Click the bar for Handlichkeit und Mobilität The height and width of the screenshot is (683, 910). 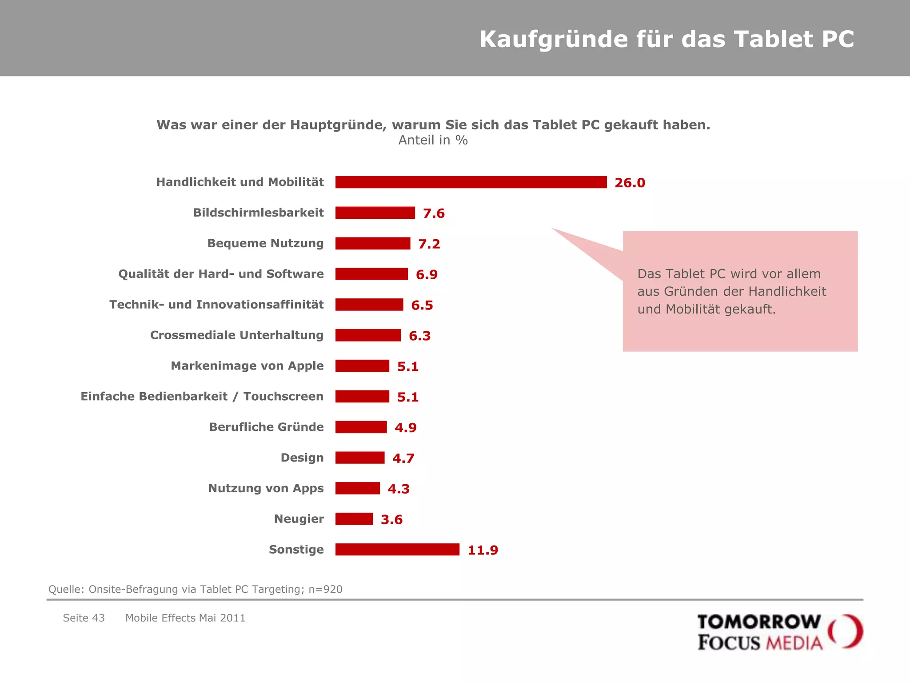click(x=471, y=182)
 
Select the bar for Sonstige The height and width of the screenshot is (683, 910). click(x=397, y=550)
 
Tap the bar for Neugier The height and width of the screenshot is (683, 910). click(x=354, y=519)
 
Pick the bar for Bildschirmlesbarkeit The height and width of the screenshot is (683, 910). click(x=375, y=213)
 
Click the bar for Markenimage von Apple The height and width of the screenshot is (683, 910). click(x=362, y=366)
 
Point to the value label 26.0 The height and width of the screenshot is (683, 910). click(x=630, y=183)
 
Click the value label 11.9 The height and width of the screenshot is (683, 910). click(x=483, y=550)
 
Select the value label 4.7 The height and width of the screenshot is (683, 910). click(x=403, y=458)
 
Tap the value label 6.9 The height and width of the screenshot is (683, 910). click(x=427, y=275)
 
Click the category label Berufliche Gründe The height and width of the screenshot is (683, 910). click(x=266, y=427)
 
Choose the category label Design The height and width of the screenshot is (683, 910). click(x=302, y=458)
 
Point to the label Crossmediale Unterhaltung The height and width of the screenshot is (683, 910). click(x=237, y=335)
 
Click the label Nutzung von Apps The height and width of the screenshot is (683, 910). click(x=266, y=489)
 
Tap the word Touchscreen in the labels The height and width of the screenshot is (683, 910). click(x=283, y=397)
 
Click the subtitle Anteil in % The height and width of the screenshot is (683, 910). click(x=433, y=141)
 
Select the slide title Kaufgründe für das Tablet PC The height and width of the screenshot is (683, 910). click(x=667, y=39)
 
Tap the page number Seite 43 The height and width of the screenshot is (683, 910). click(x=84, y=618)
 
